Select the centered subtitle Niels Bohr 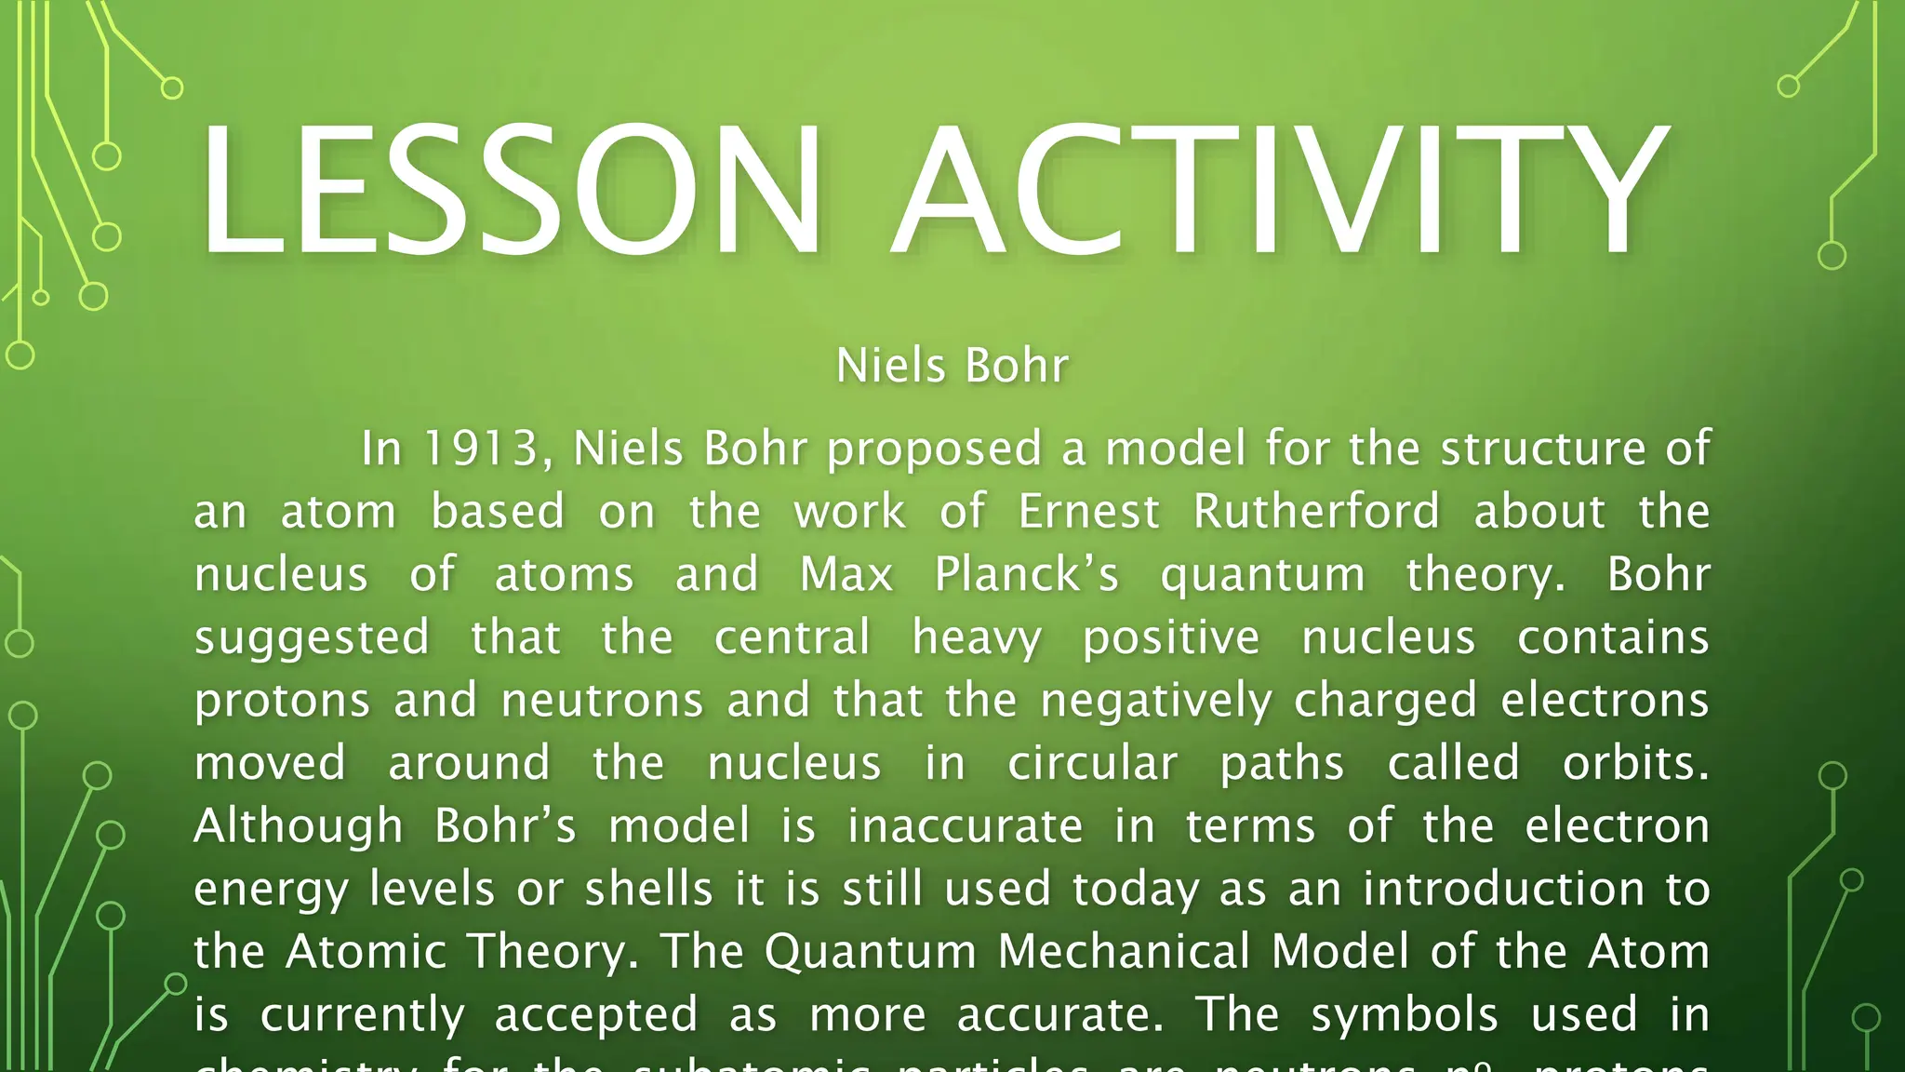coord(952,365)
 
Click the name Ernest coord(1089,512)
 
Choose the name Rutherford coord(1317,512)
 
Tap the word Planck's coord(1027,574)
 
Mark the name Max coord(846,574)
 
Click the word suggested coord(312,639)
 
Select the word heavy coord(977,639)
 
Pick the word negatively coord(1156,702)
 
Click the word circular coord(1093,764)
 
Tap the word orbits coord(1635,764)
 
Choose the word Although coord(299,827)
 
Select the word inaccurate coord(966,827)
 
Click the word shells coord(649,890)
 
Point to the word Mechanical coord(1124,952)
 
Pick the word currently coord(362,1015)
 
